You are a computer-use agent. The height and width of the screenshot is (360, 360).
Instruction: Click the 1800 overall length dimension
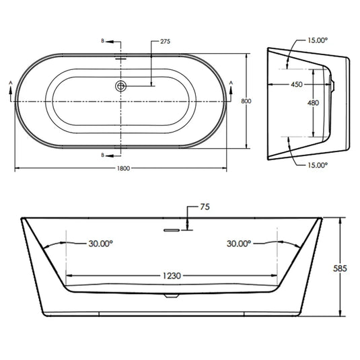coord(122,168)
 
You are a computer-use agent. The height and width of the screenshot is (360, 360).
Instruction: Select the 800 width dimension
coord(246,100)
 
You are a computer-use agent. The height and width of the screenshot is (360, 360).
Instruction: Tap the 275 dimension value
coord(165,42)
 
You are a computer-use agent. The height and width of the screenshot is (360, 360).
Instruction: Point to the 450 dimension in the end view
coord(297,85)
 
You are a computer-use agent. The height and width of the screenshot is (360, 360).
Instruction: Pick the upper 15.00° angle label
coord(317,40)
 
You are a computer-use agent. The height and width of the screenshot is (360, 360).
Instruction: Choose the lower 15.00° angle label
coord(317,164)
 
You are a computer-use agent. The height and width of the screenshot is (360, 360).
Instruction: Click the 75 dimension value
coord(205,207)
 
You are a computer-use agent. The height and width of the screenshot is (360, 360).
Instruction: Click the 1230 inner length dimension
coord(174,276)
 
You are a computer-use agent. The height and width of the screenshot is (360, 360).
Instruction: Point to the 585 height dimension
coord(341,268)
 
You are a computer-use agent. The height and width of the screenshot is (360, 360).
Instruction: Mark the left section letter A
coord(10,81)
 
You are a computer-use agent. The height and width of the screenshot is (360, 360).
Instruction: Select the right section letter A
coord(232,81)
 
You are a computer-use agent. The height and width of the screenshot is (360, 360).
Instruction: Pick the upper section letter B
coord(102,42)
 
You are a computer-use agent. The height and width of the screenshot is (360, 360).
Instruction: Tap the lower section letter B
coord(102,155)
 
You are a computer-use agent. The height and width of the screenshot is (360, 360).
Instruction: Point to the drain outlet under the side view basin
coord(172,295)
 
